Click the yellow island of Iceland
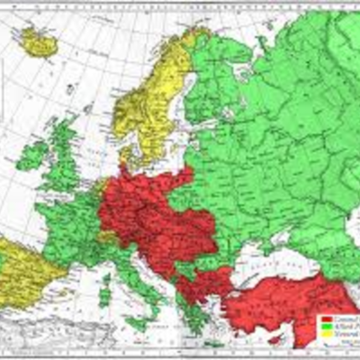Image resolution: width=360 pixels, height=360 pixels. click(38, 40)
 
